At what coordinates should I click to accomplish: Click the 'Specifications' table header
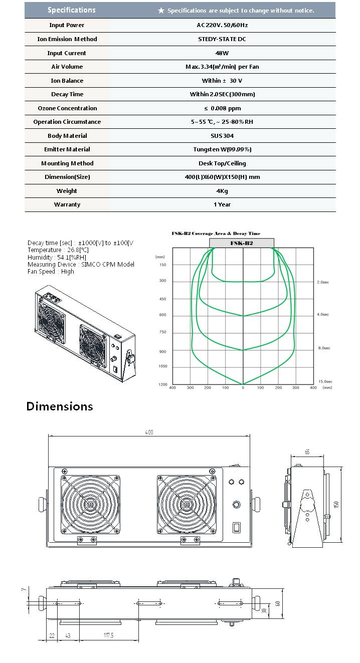tap(71, 10)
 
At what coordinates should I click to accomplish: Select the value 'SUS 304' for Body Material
tap(222, 136)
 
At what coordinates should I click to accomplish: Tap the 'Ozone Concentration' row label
tap(67, 108)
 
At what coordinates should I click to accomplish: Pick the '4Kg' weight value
tap(222, 191)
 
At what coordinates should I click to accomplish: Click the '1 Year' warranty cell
tap(222, 204)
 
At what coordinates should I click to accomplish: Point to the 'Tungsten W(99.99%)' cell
tap(222, 149)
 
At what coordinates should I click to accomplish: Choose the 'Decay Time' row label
tap(67, 94)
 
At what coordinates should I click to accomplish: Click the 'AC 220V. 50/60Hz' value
tap(222, 25)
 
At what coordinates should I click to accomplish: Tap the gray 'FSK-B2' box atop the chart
tap(241, 243)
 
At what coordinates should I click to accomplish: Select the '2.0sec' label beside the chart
tap(322, 282)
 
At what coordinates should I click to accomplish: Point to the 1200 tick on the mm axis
tap(163, 384)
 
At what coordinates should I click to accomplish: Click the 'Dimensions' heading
tap(60, 406)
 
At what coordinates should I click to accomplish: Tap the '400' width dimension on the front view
tap(149, 432)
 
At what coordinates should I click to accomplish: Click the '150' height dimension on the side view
tap(336, 504)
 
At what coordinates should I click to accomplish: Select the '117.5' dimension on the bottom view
tap(109, 635)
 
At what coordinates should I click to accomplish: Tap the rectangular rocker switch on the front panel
tap(236, 527)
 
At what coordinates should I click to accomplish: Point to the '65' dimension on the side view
tap(307, 452)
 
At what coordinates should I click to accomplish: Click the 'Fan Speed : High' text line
tap(51, 272)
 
